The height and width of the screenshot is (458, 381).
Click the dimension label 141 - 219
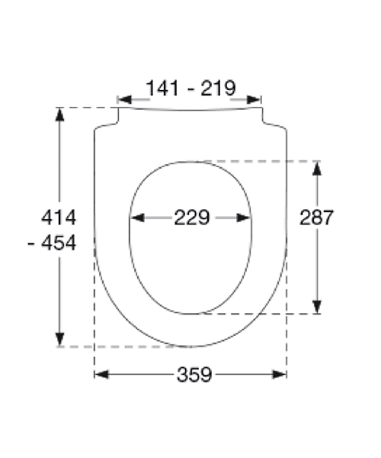pos(190,88)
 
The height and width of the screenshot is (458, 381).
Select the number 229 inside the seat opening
pos(192,218)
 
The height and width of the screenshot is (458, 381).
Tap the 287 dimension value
pos(316,218)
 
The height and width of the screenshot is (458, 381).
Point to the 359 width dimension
pos(194,375)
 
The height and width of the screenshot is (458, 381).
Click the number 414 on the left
pos(59,218)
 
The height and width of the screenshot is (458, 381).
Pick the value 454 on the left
pos(59,243)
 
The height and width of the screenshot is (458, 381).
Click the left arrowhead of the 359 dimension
pos(101,375)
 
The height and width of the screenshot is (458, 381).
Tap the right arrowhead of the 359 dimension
pos(279,375)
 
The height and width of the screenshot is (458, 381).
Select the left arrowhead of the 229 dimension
pos(137,218)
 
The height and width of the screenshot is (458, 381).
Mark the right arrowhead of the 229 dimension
pos(243,218)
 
